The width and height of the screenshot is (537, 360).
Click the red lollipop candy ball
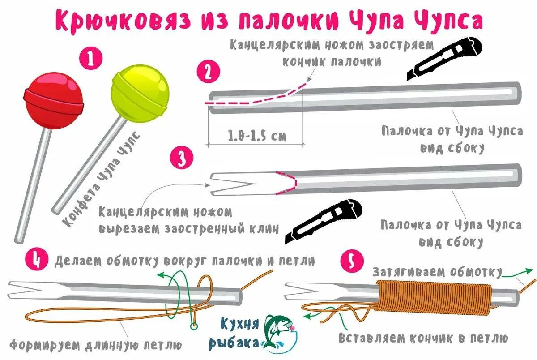click(54, 99)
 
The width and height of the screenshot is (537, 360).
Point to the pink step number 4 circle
click(35, 260)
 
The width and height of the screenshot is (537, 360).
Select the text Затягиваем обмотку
click(437, 272)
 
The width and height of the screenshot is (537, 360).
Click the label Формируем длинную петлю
click(96, 345)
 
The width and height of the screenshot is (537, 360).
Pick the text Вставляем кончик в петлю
click(423, 337)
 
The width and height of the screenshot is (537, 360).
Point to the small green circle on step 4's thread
click(193, 326)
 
